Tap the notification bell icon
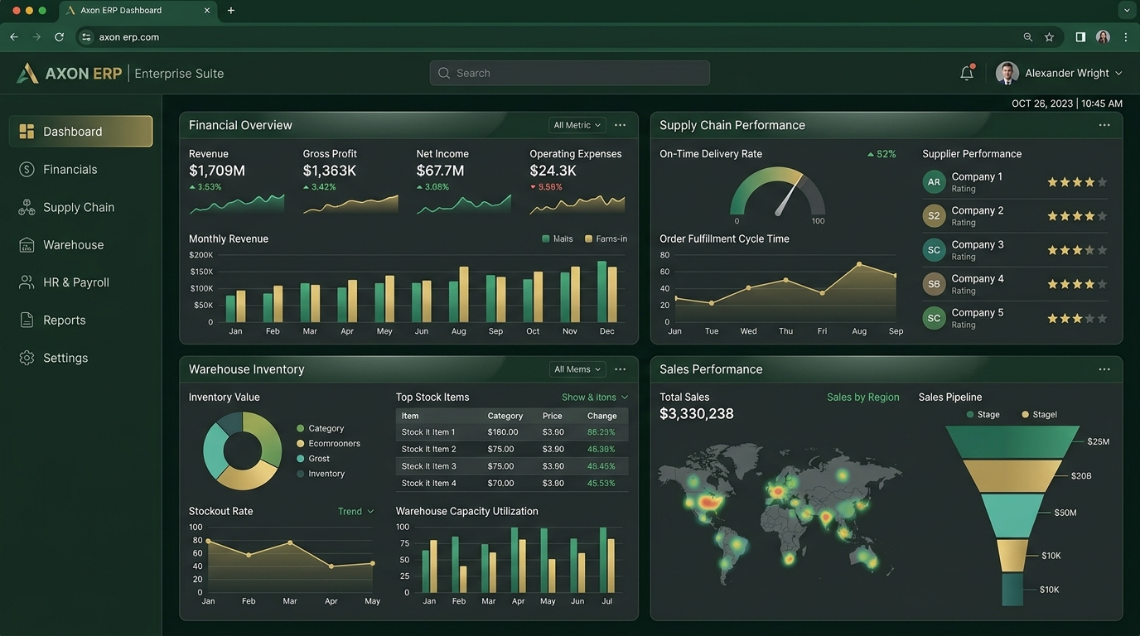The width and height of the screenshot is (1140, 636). (x=967, y=73)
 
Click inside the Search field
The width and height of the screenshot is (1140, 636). (x=569, y=73)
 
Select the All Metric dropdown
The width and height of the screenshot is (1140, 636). (x=577, y=125)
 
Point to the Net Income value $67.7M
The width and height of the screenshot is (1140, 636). (x=440, y=171)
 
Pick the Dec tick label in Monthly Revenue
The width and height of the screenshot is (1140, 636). (x=606, y=331)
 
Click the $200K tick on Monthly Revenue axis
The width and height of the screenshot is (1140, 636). (x=201, y=255)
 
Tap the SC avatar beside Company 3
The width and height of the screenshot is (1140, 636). (x=934, y=250)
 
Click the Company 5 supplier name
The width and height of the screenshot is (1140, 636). (x=977, y=312)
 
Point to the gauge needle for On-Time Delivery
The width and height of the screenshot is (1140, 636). (x=789, y=195)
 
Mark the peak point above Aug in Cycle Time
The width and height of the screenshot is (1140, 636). (x=859, y=264)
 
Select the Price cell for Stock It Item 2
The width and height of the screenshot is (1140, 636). (x=553, y=450)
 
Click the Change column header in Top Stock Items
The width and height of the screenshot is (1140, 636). (x=601, y=416)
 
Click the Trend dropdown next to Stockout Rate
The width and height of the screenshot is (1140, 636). (x=355, y=511)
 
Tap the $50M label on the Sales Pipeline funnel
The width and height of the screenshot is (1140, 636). (x=1065, y=513)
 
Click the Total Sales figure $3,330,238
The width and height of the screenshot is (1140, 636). (x=696, y=414)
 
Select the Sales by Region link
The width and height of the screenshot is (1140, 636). (x=862, y=397)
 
